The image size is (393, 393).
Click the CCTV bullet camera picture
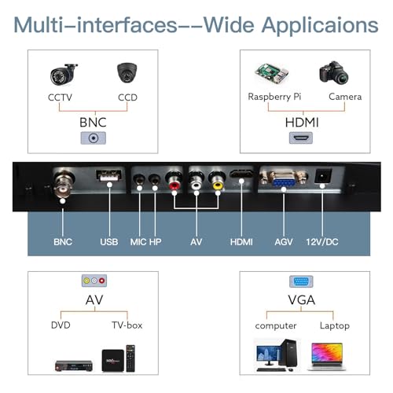[x=64, y=75]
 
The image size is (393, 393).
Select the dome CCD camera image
[x=127, y=72]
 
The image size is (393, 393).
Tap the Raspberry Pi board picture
[x=272, y=73]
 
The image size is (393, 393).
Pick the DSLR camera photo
[x=333, y=73]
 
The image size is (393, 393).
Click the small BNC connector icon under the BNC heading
[x=94, y=138]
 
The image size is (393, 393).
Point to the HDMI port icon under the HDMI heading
[x=301, y=138]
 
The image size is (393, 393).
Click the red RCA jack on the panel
[x=174, y=181]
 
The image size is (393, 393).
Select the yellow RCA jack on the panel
[x=218, y=181]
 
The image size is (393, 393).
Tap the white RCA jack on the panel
[x=196, y=181]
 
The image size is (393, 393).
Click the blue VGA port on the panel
[x=284, y=179]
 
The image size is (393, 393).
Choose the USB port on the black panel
[x=108, y=175]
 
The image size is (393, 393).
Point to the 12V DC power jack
[x=323, y=176]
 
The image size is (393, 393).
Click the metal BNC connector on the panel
[x=63, y=183]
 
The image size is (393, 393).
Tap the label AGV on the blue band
[x=284, y=242]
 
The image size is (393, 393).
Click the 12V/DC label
[x=322, y=242]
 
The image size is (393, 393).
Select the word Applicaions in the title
[x=320, y=26]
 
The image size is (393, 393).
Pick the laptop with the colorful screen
[x=327, y=357]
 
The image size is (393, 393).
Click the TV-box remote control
[x=130, y=358]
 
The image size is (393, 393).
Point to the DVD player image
[x=74, y=365]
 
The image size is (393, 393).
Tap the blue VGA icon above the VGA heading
[x=301, y=281]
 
